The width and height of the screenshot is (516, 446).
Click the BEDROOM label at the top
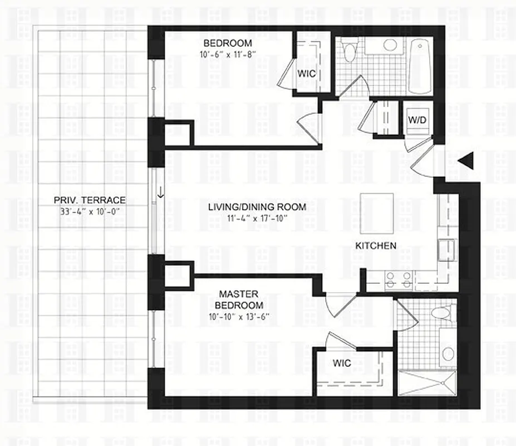[227, 43]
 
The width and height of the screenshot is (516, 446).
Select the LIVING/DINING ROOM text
[257, 207]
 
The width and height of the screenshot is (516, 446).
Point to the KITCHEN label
[376, 245]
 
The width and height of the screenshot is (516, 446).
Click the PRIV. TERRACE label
[90, 200]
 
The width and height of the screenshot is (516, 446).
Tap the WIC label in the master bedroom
[342, 363]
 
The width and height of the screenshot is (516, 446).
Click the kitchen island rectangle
[377, 214]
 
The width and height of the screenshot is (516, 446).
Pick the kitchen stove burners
[398, 279]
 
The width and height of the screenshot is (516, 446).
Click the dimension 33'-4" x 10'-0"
[90, 212]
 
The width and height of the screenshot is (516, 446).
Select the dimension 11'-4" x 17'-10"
[257, 218]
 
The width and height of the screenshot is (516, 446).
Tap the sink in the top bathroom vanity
[390, 45]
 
